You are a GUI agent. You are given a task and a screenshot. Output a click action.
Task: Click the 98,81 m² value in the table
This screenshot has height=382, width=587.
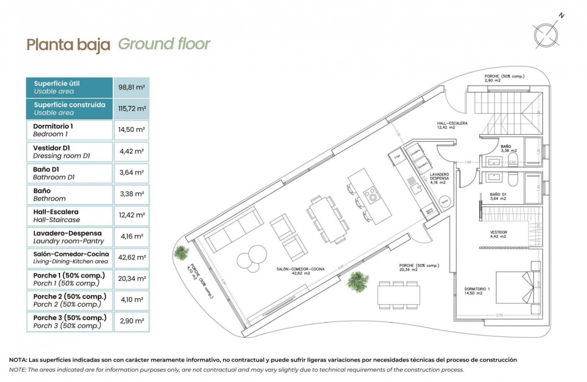[x=132, y=87]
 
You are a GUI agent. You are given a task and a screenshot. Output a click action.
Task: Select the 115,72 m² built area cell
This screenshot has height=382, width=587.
[x=132, y=109]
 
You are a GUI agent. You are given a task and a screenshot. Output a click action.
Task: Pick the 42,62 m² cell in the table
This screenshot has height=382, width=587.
[x=132, y=257]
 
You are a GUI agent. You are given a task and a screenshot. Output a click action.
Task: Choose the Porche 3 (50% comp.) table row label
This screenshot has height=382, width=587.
[x=69, y=322]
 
